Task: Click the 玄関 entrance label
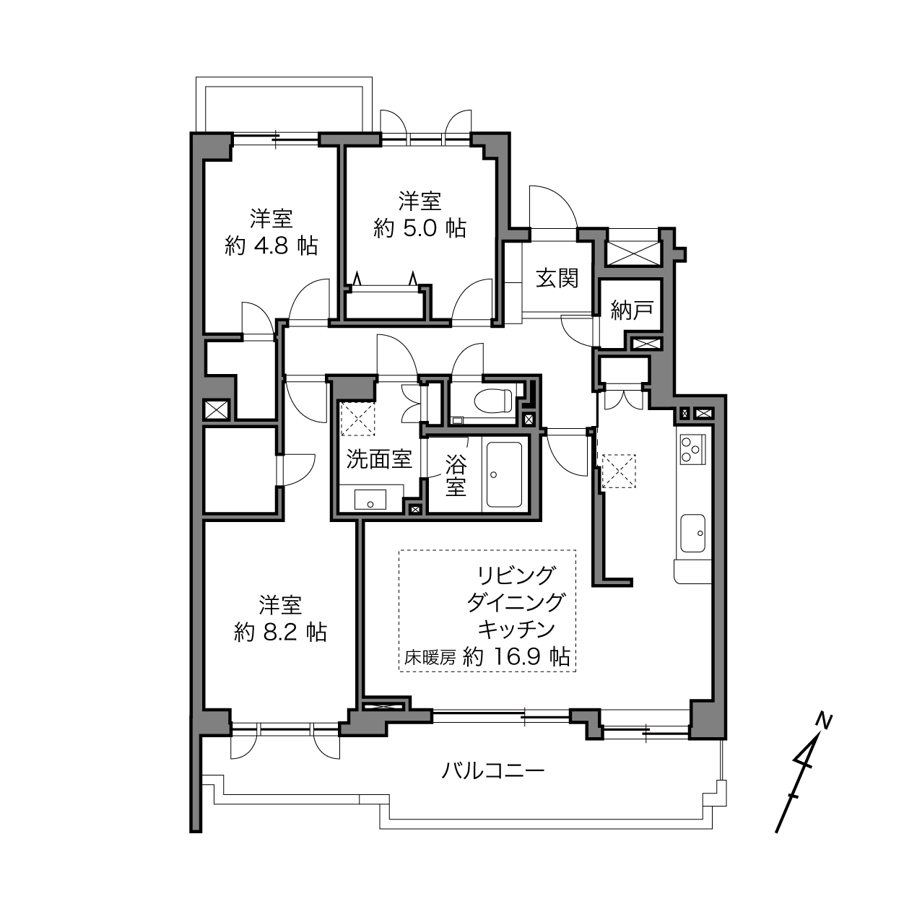pos(557,278)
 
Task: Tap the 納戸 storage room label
pos(632,310)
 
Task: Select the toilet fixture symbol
pos(492,401)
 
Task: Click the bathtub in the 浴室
pos(504,474)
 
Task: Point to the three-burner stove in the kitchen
pos(692,449)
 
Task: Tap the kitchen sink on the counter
pos(693,533)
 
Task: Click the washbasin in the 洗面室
pos(370,500)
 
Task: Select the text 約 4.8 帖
pos(271,245)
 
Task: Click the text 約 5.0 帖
pos(420,228)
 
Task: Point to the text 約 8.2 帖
pos(280,633)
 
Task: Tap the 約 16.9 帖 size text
pos(516,657)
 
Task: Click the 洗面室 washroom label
pos(379,459)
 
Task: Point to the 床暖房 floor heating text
pos(430,659)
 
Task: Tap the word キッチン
pos(516,629)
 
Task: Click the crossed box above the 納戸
pos(633,253)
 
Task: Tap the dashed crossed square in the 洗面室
pos(357,419)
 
